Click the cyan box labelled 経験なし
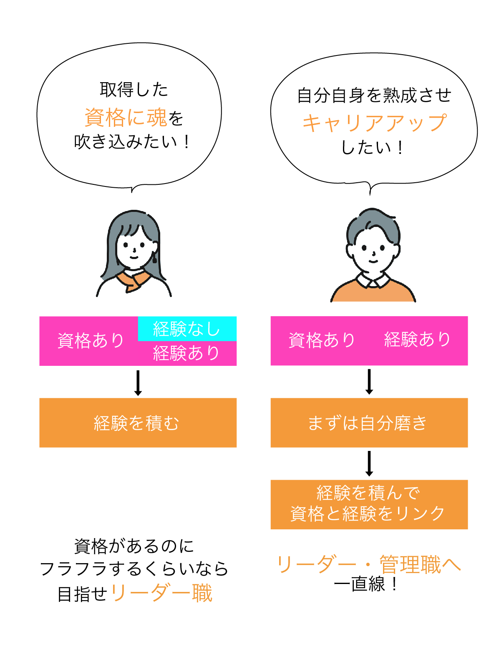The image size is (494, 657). (x=187, y=329)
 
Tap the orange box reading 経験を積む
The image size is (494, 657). (x=138, y=423)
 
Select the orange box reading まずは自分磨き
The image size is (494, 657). (x=369, y=423)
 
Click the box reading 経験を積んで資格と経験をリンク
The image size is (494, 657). (x=369, y=504)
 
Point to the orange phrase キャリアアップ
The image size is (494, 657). (x=375, y=123)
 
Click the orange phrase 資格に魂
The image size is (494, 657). (x=126, y=117)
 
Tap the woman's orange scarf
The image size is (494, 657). (x=133, y=280)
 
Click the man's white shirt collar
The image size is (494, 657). (x=373, y=280)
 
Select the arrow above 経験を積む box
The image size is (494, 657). (x=138, y=383)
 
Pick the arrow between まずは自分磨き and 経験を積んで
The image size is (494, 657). (x=369, y=463)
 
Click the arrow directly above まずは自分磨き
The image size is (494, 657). (x=369, y=382)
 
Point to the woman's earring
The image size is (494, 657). (x=154, y=257)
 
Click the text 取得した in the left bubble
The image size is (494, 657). (x=134, y=90)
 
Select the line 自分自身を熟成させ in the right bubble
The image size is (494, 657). (x=374, y=95)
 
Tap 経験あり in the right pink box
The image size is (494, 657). (x=417, y=340)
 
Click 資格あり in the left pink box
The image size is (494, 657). (x=91, y=341)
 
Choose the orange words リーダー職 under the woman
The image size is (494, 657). (x=161, y=593)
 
